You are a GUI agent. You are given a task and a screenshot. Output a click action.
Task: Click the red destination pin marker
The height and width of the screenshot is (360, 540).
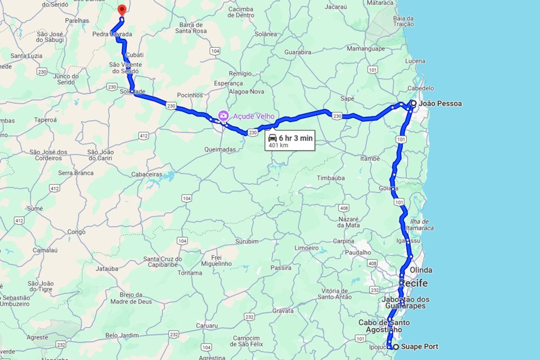[122, 9]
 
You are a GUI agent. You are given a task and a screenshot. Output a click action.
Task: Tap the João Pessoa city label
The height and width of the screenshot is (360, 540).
[440, 103]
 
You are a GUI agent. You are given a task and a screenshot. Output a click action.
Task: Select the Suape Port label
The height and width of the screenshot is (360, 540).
[420, 347]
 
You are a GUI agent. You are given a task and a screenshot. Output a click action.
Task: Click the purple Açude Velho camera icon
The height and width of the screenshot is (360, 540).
[223, 116]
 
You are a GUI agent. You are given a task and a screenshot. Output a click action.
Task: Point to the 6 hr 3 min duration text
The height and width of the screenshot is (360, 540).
[295, 138]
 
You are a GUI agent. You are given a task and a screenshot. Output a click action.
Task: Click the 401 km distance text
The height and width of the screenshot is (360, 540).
[278, 145]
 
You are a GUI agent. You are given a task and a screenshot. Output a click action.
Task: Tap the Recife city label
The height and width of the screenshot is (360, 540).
[413, 283]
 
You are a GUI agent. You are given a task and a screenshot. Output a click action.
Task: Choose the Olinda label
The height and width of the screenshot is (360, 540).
[420, 270]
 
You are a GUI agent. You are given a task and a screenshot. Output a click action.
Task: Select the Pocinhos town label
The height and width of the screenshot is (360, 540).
[190, 95]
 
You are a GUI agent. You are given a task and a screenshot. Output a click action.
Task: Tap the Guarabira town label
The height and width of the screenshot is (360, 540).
[295, 52]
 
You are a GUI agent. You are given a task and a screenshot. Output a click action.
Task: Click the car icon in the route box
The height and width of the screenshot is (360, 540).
[272, 138]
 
